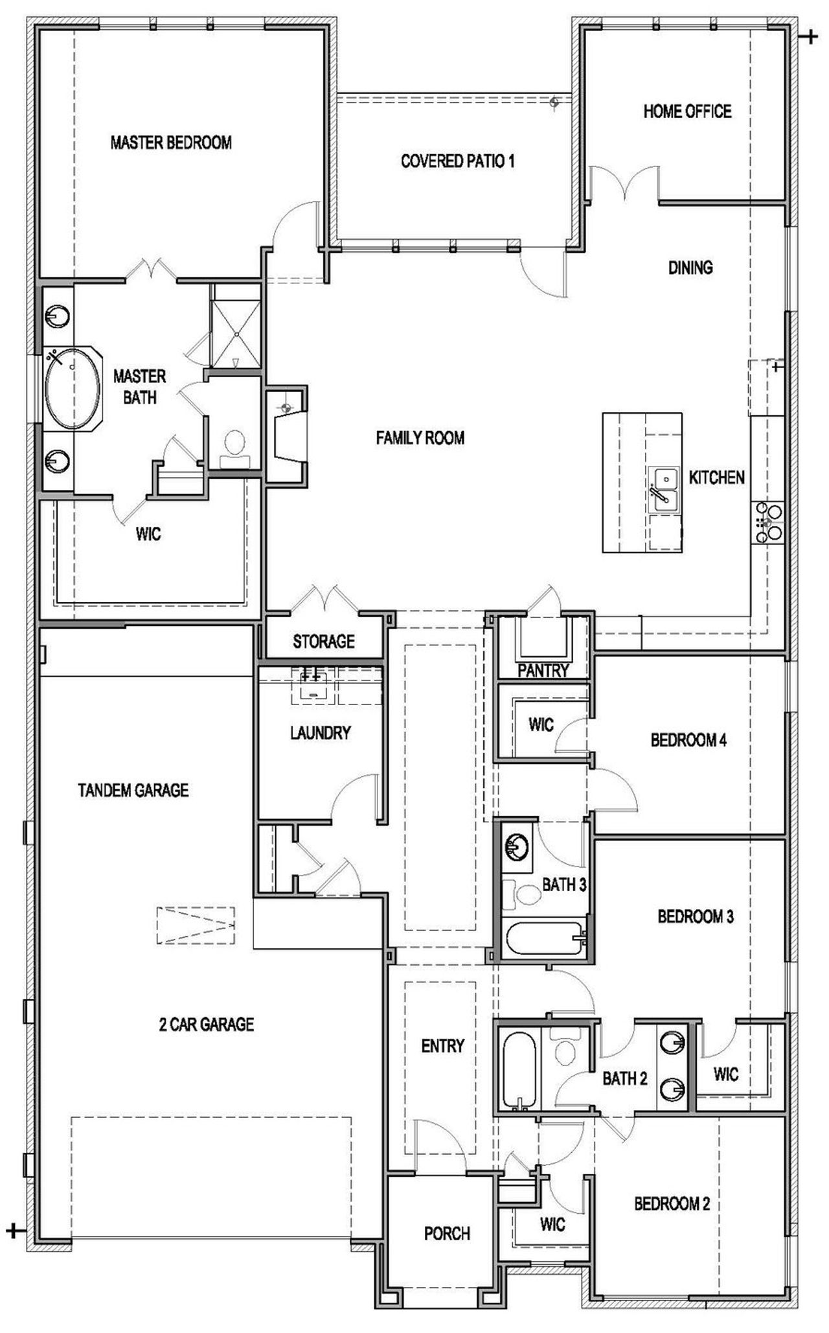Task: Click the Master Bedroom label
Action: click(171, 143)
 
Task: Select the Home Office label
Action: click(687, 111)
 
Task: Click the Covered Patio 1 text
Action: click(457, 161)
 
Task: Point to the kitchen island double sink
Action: click(664, 490)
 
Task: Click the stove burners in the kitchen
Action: click(767, 522)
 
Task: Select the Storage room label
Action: click(323, 642)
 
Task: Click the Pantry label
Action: click(543, 670)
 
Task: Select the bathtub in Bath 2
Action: click(519, 1070)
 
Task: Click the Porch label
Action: click(447, 1233)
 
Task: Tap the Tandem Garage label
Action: click(133, 790)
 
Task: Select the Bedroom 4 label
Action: click(688, 739)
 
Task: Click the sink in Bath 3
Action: click(517, 846)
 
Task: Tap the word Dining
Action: click(690, 267)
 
